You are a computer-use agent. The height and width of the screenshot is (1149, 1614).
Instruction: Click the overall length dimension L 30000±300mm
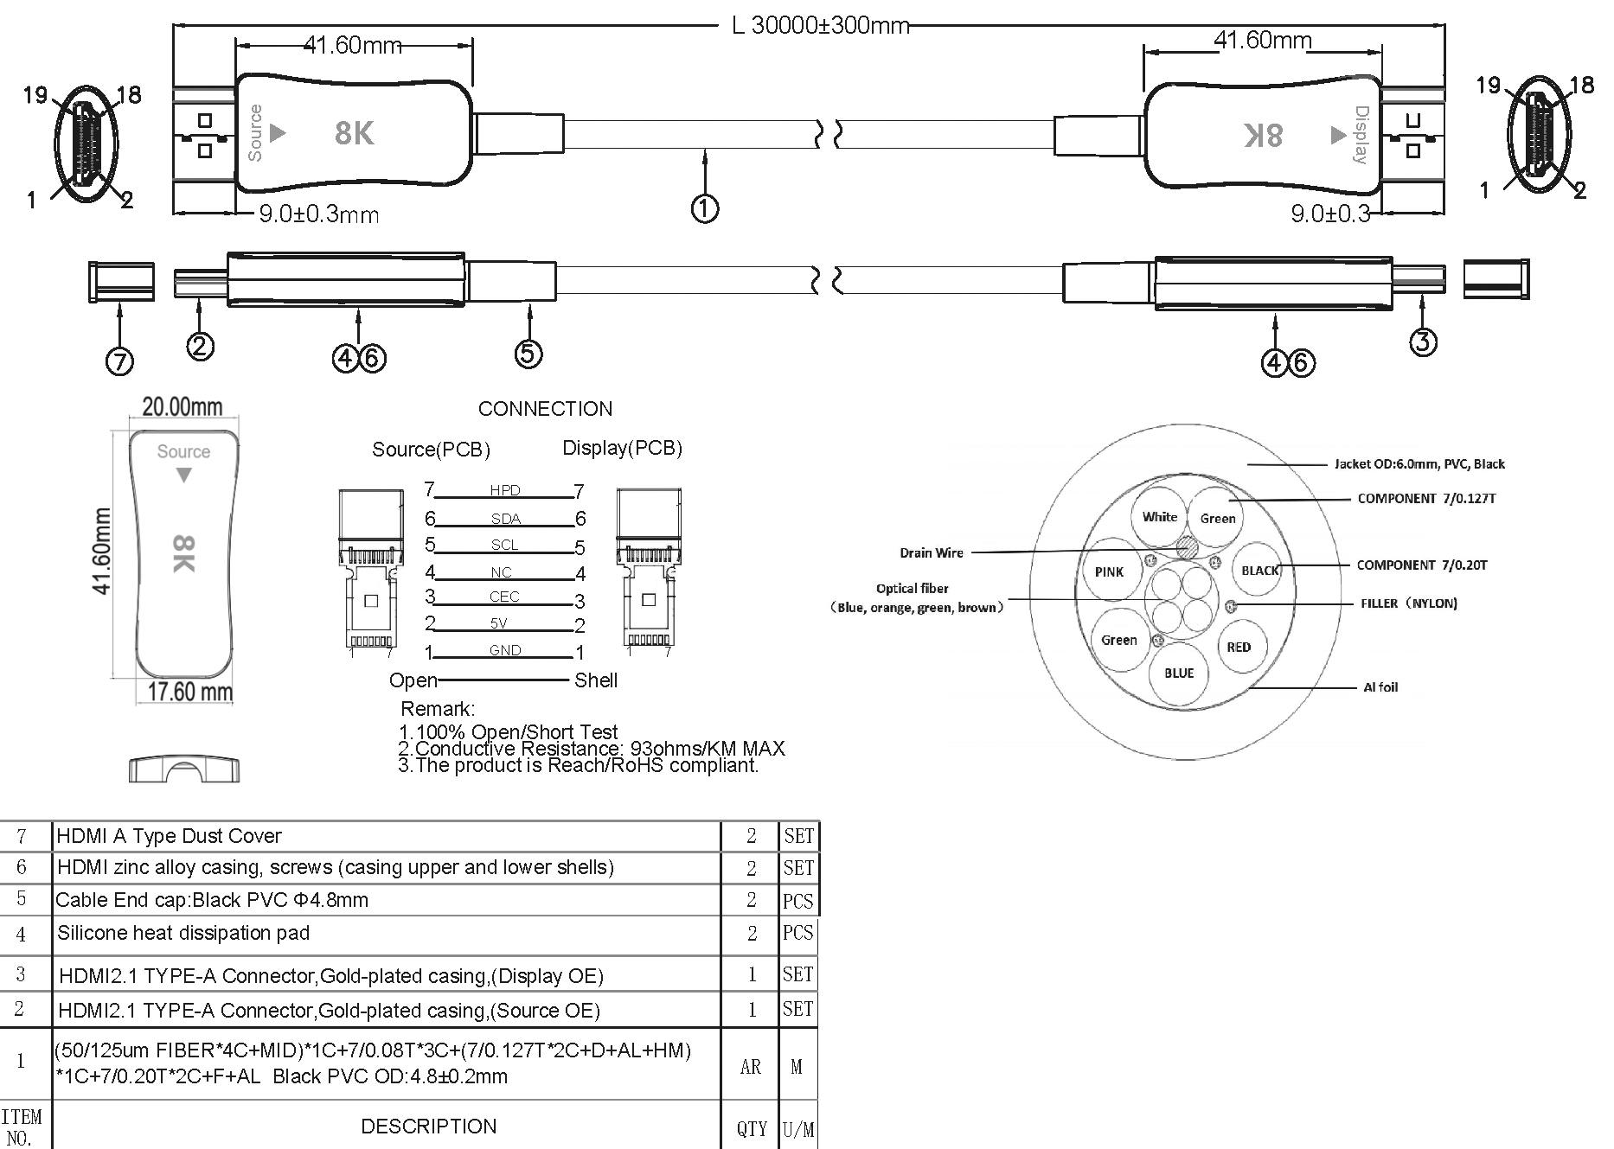(x=820, y=25)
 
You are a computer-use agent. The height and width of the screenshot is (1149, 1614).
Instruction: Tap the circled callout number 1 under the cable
(x=704, y=208)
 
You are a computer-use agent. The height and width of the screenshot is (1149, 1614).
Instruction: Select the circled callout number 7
(x=119, y=360)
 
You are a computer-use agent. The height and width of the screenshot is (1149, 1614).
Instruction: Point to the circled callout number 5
(x=528, y=353)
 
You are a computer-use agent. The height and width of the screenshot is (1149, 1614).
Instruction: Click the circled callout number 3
(x=1423, y=342)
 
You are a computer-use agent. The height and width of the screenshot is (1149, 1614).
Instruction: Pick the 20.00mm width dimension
(x=182, y=406)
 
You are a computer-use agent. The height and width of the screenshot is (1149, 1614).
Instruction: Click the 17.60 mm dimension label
(x=189, y=692)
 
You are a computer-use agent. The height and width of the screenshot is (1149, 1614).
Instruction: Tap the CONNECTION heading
(x=545, y=409)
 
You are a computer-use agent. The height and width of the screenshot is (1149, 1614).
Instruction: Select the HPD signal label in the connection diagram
(x=505, y=490)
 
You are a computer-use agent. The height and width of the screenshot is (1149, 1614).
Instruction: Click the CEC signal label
(x=504, y=597)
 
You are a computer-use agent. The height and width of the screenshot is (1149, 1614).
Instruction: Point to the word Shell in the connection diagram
(x=596, y=680)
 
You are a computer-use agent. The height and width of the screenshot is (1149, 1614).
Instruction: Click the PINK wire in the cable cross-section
(x=1109, y=571)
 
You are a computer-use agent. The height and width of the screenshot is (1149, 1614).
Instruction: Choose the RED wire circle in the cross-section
(x=1239, y=647)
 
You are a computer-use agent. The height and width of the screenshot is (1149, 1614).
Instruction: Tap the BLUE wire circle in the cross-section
(x=1179, y=673)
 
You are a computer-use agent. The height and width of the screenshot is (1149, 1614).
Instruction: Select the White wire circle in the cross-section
(x=1159, y=517)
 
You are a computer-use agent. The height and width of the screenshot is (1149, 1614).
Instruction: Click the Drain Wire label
(x=931, y=553)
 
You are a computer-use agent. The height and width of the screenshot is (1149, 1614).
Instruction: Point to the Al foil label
(x=1380, y=687)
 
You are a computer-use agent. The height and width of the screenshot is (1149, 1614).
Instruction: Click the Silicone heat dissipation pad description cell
(x=183, y=933)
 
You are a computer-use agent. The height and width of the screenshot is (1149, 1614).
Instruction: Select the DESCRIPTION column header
(x=429, y=1126)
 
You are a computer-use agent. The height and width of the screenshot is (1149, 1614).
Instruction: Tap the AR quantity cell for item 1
(x=750, y=1067)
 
